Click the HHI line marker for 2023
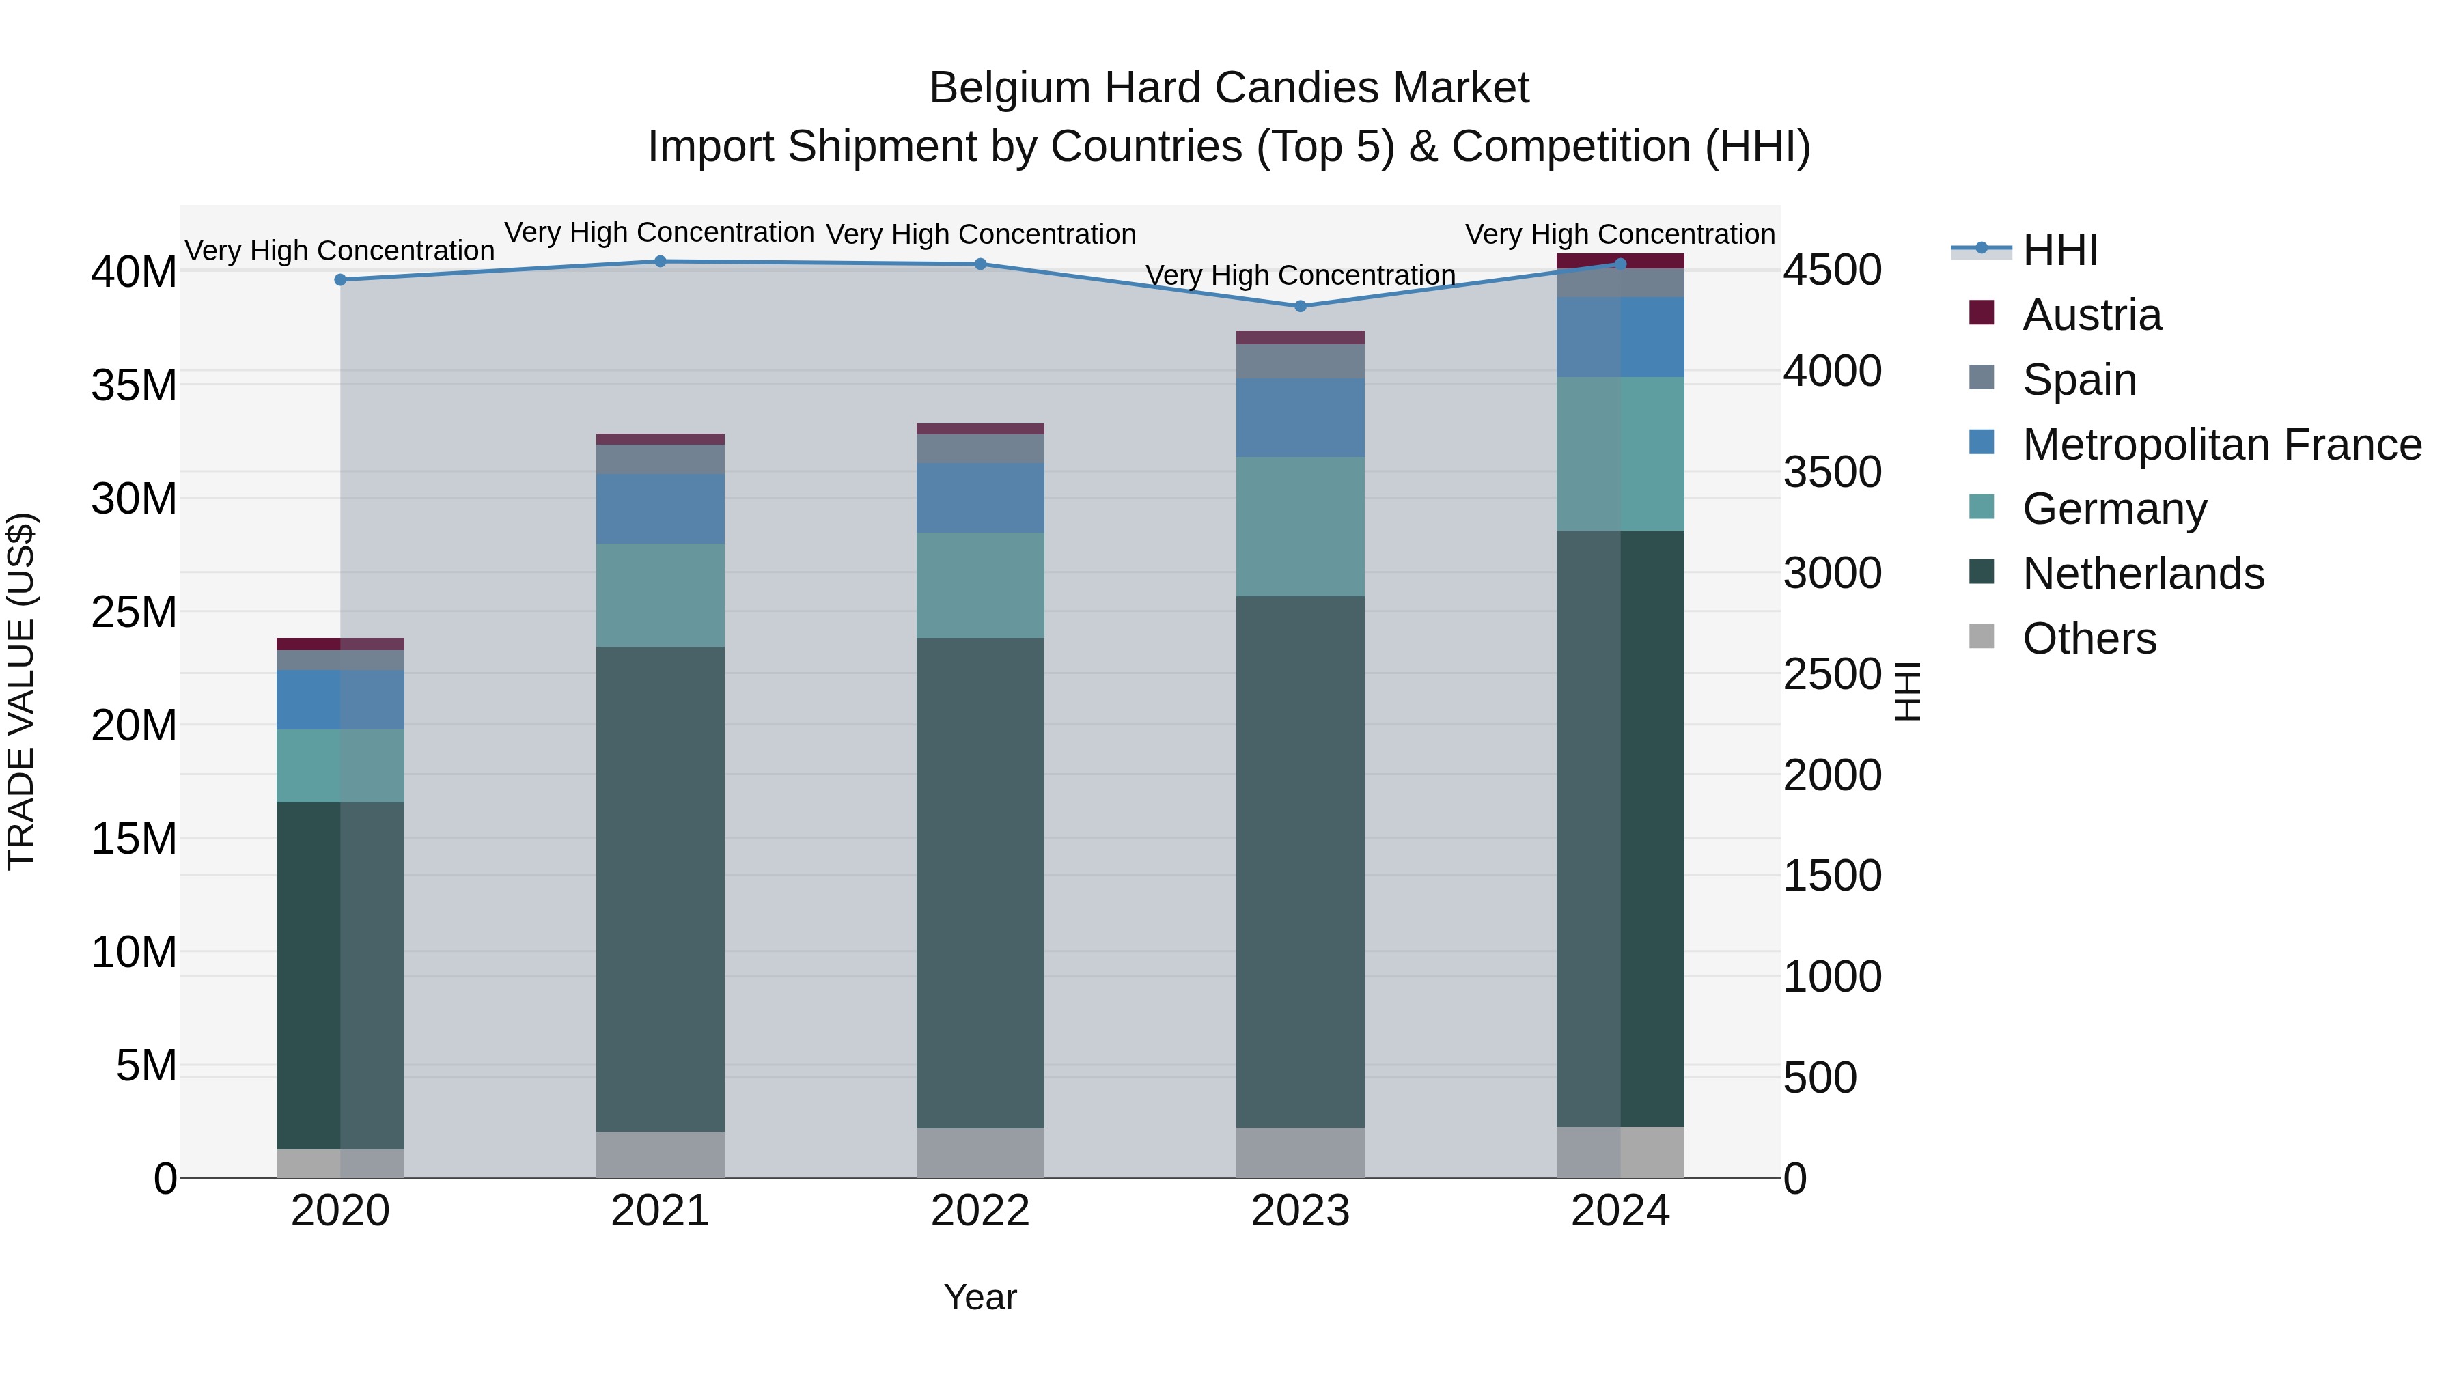[1299, 307]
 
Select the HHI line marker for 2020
[340, 279]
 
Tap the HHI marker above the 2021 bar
[660, 262]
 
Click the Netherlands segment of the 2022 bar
[980, 883]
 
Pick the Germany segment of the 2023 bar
[1299, 527]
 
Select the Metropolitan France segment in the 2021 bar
[660, 509]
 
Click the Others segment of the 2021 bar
[660, 1155]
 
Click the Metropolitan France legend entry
[2221, 445]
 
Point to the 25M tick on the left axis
[134, 612]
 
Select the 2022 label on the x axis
[980, 1211]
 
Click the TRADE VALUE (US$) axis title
[21, 691]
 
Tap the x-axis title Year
[980, 1297]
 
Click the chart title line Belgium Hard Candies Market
[1229, 88]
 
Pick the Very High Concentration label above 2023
[1299, 275]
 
